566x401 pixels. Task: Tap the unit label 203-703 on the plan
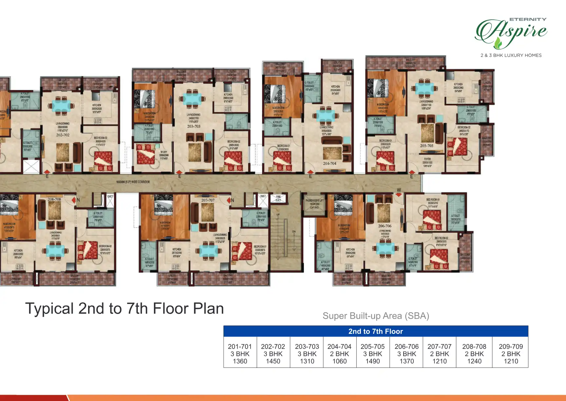coord(194,126)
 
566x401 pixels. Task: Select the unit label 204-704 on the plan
coord(330,163)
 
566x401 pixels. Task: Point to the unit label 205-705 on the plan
coord(426,146)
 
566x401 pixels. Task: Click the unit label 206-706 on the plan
coord(385,226)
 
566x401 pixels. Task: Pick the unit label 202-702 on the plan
coord(63,135)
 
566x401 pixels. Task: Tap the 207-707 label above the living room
coord(208,200)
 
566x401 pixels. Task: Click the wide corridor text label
coord(133,182)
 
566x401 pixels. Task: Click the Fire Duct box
coord(278,199)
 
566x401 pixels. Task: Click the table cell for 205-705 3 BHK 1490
coord(372,354)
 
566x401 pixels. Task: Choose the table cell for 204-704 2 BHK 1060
coord(339,354)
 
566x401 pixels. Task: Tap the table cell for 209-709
coord(511,354)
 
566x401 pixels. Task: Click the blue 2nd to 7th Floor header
coord(375,331)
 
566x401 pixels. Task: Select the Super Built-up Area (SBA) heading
coord(376,316)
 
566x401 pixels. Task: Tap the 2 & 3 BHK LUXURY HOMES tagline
coord(511,55)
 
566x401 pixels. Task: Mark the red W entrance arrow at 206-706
coord(399,194)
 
